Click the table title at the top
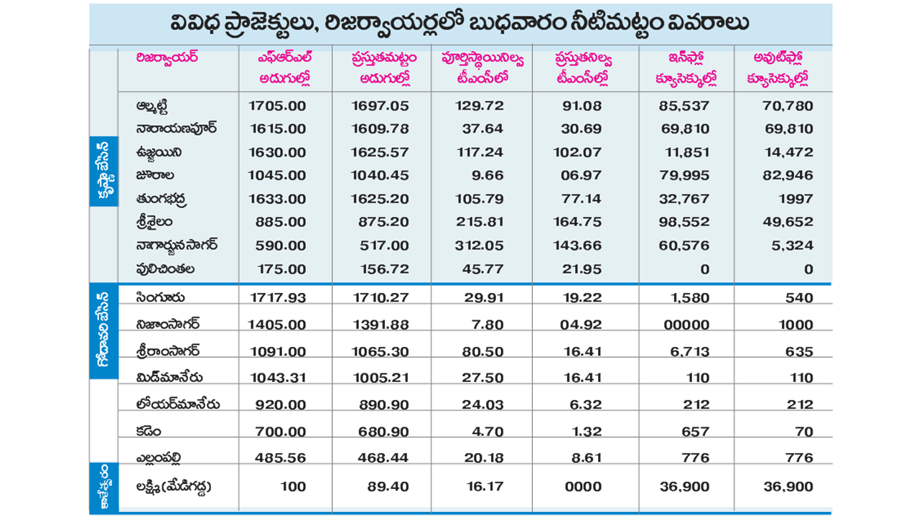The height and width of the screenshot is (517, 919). pyautogui.click(x=460, y=23)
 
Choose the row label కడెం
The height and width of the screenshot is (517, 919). pyautogui.click(x=149, y=432)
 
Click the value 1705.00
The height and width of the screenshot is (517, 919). pyautogui.click(x=277, y=106)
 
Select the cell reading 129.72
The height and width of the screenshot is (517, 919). pyautogui.click(x=480, y=106)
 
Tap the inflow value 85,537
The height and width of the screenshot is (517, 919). pyautogui.click(x=685, y=106)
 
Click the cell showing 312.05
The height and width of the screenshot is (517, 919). pyautogui.click(x=480, y=246)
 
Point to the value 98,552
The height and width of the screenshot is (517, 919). pyautogui.click(x=685, y=222)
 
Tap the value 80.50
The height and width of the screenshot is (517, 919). pyautogui.click(x=485, y=352)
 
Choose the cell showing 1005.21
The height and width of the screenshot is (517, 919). pyautogui.click(x=380, y=378)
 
